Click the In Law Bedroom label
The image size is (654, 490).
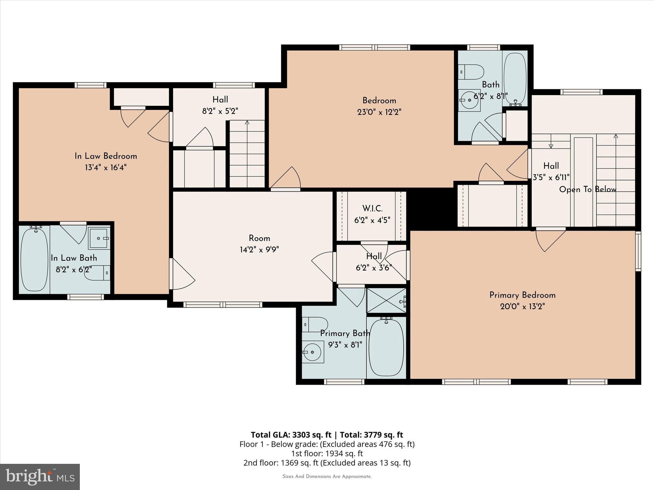(106, 156)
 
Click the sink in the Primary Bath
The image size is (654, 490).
(313, 352)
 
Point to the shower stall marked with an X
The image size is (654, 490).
(386, 301)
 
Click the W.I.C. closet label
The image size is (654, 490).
(372, 209)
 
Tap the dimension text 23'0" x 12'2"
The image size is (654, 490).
(379, 112)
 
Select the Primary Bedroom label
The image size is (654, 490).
(522, 295)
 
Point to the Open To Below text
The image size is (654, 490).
(588, 189)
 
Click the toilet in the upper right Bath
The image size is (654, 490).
(471, 72)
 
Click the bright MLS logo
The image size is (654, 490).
(40, 477)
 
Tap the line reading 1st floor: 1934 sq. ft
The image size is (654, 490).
(327, 453)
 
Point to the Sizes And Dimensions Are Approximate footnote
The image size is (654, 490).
(327, 476)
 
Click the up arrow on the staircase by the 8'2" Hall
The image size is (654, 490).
(247, 122)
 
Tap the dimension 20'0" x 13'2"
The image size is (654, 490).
(522, 307)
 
